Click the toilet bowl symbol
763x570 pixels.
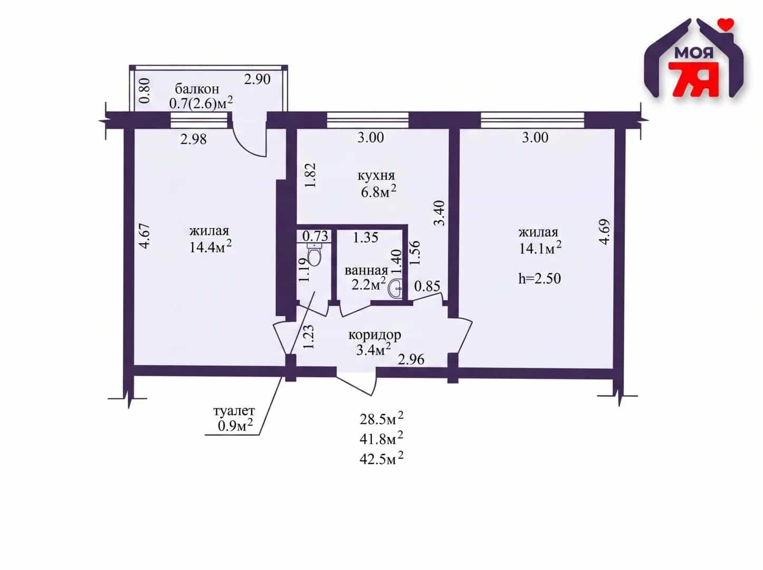pyautogui.click(x=314, y=255)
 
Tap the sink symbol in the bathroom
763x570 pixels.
pyautogui.click(x=396, y=289)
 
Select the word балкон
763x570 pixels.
pyautogui.click(x=197, y=89)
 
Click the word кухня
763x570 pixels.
pyautogui.click(x=376, y=176)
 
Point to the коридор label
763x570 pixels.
pyautogui.click(x=375, y=335)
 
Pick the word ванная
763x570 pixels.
pyautogui.click(x=366, y=271)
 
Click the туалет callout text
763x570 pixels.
pyautogui.click(x=234, y=411)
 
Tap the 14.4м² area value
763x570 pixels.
pyautogui.click(x=211, y=247)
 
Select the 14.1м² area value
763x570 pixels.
pyautogui.click(x=540, y=248)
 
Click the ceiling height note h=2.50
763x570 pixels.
pyautogui.click(x=539, y=279)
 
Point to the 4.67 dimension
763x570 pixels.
pyautogui.click(x=145, y=235)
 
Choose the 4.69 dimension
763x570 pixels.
pyautogui.click(x=605, y=232)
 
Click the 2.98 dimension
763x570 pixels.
pyautogui.click(x=193, y=139)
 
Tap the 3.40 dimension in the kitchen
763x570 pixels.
pyautogui.click(x=440, y=213)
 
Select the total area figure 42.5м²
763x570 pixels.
pyautogui.click(x=381, y=459)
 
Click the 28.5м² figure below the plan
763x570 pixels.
pyautogui.click(x=381, y=420)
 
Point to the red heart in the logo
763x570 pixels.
pyautogui.click(x=726, y=23)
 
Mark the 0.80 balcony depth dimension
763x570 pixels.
pyautogui.click(x=145, y=90)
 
